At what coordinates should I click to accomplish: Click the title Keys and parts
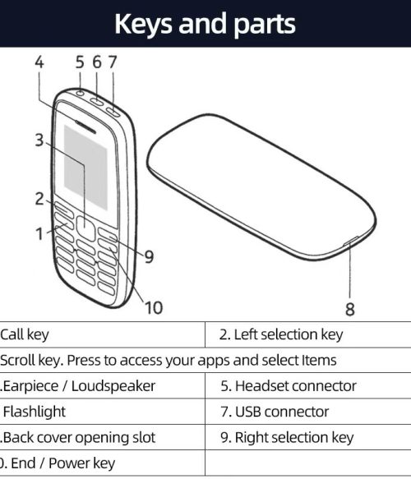tap(205, 24)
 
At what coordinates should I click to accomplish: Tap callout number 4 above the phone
tap(39, 62)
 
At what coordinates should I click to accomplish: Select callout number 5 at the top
tap(80, 62)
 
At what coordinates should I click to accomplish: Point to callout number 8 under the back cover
tap(350, 309)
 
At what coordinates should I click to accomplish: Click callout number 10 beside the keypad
tap(154, 307)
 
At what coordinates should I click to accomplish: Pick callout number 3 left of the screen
tap(39, 140)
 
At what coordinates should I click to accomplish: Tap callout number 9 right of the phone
tap(149, 256)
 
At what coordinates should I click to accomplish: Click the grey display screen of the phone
tap(85, 168)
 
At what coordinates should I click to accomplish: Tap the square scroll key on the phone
tap(85, 228)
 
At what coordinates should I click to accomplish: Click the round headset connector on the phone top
tap(80, 93)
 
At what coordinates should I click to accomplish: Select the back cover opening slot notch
tap(351, 241)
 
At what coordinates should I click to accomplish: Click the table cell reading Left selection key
tap(281, 334)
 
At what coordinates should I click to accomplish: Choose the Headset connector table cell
tap(289, 386)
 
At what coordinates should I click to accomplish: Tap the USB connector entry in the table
tap(275, 412)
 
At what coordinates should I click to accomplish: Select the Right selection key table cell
tap(287, 437)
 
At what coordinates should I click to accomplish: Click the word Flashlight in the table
tap(35, 412)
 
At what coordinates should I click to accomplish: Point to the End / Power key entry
tap(58, 463)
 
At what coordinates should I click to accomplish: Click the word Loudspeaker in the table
tap(113, 386)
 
